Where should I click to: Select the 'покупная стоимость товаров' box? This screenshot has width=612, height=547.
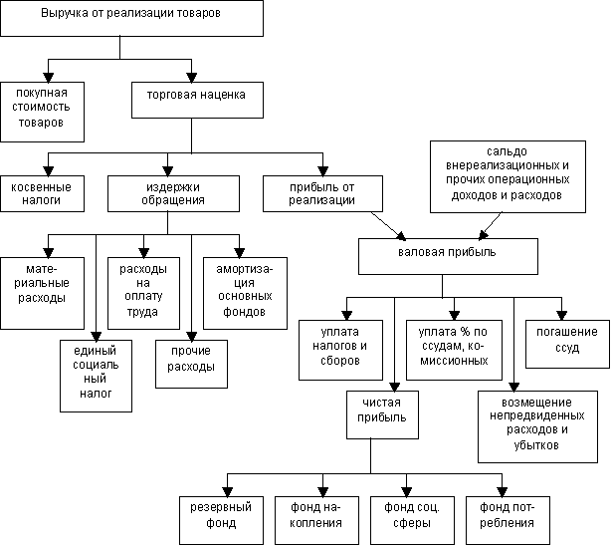[41, 107]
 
